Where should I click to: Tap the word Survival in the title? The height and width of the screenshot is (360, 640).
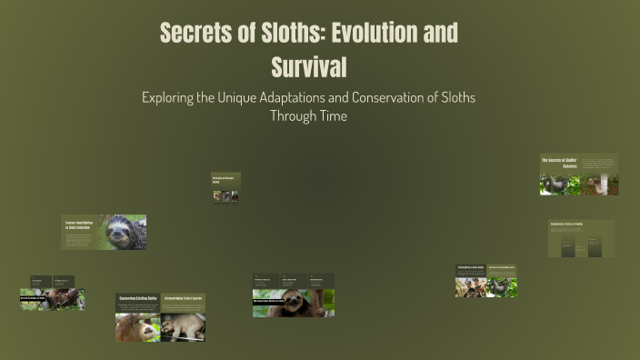coord(309,66)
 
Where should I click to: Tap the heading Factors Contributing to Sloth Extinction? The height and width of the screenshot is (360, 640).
coord(80,225)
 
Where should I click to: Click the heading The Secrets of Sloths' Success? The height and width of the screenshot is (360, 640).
coord(560,164)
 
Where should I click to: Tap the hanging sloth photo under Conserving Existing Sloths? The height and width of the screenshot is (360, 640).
coord(137,327)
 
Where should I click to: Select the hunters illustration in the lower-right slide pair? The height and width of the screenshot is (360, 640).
coord(471,287)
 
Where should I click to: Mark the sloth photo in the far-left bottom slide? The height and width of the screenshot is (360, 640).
coord(61,300)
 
